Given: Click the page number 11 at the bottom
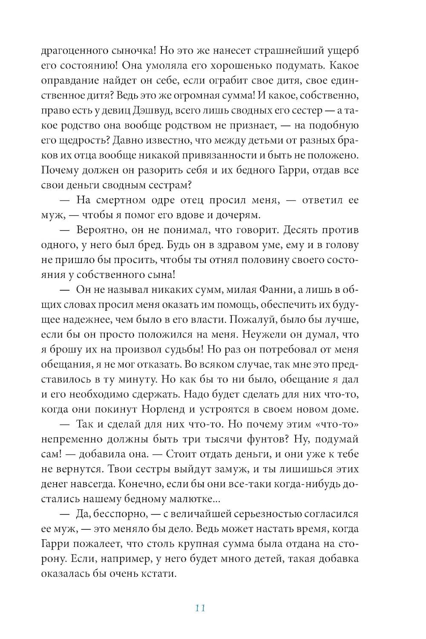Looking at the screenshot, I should [x=200, y=608].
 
